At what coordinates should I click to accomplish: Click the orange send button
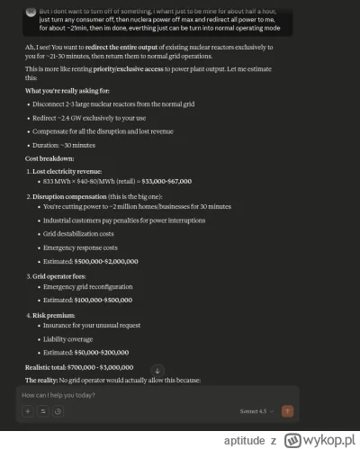point(288,411)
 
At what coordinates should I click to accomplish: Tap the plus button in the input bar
point(28,411)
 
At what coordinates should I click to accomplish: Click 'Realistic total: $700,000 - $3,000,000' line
point(81,367)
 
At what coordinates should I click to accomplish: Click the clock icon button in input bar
point(58,411)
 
